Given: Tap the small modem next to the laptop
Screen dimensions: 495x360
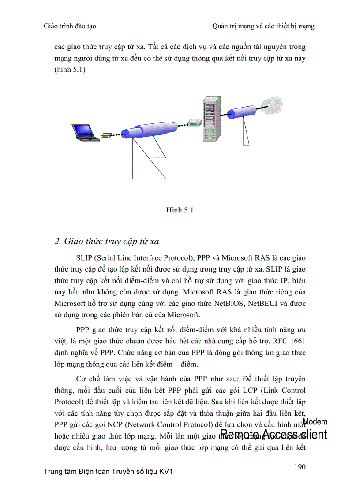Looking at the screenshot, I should [x=105, y=136].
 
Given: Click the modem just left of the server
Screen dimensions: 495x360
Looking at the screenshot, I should [x=193, y=123].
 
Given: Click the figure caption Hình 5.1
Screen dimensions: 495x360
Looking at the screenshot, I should [x=180, y=210].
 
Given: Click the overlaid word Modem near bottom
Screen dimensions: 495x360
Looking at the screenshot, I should [x=315, y=422].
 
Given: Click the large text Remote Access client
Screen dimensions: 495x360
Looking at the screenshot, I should [x=274, y=435].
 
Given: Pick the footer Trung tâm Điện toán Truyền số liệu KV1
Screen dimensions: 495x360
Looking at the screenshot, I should [x=108, y=472].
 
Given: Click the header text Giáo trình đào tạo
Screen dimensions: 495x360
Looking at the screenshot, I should [x=70, y=26].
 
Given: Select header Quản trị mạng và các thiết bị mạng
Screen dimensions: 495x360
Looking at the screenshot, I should [x=263, y=26].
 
